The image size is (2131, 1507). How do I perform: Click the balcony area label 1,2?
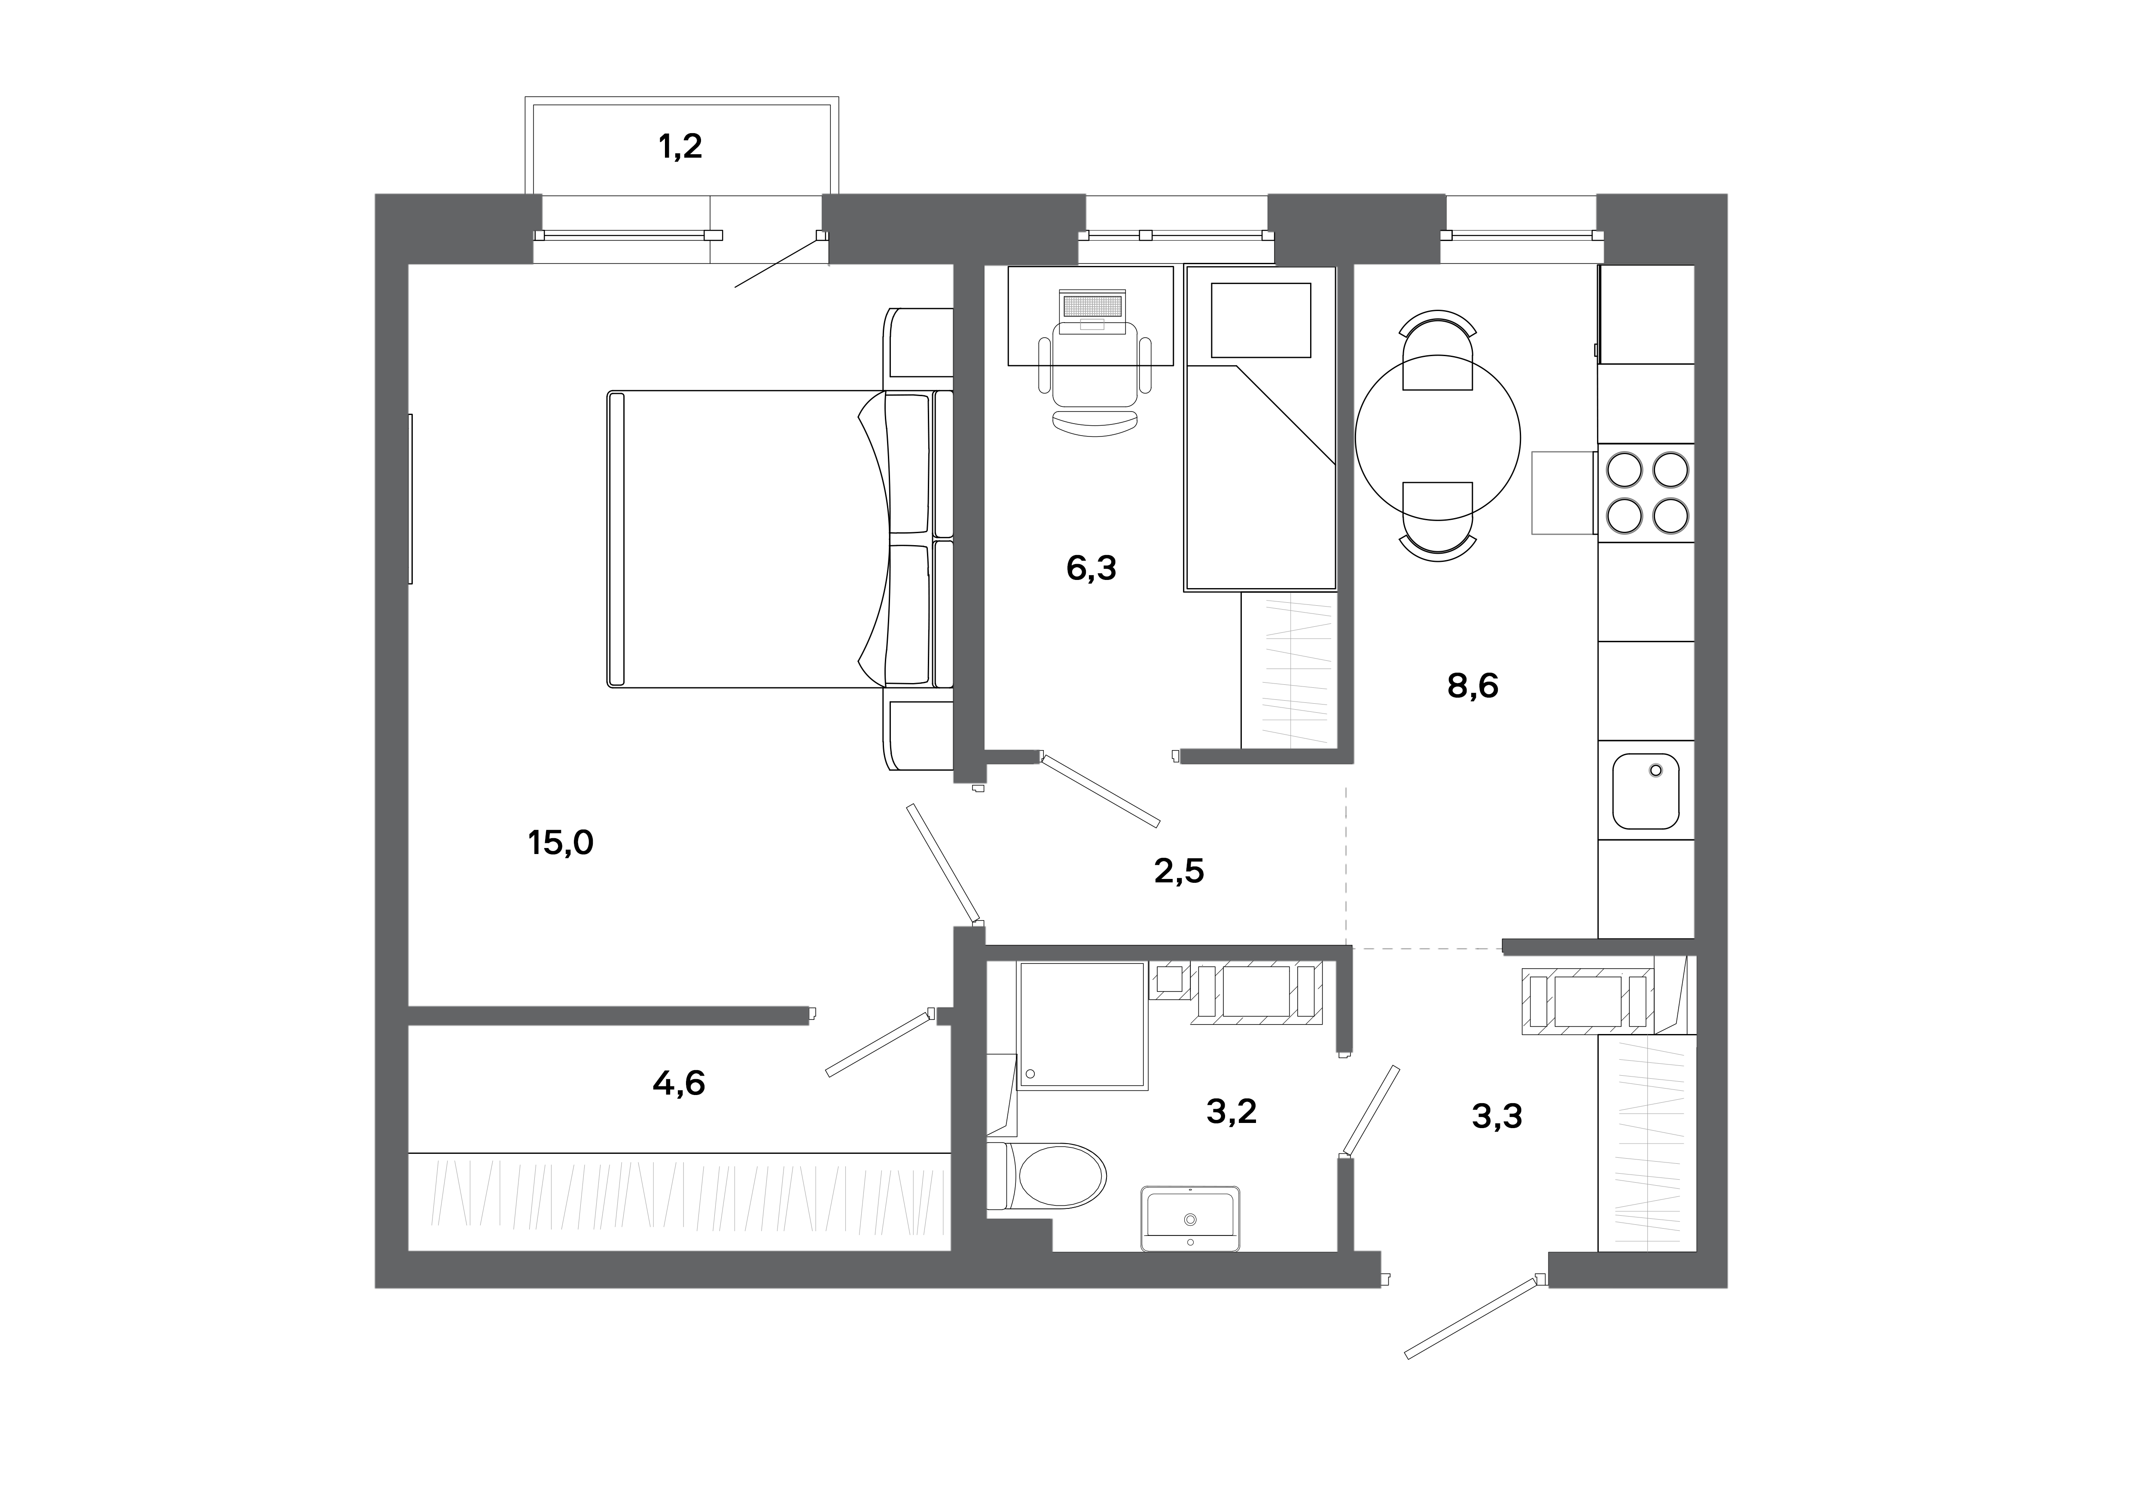point(680,146)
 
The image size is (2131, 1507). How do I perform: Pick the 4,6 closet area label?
point(678,1083)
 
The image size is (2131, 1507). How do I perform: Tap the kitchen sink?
point(1646,790)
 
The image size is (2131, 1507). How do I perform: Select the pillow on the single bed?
point(1260,320)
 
